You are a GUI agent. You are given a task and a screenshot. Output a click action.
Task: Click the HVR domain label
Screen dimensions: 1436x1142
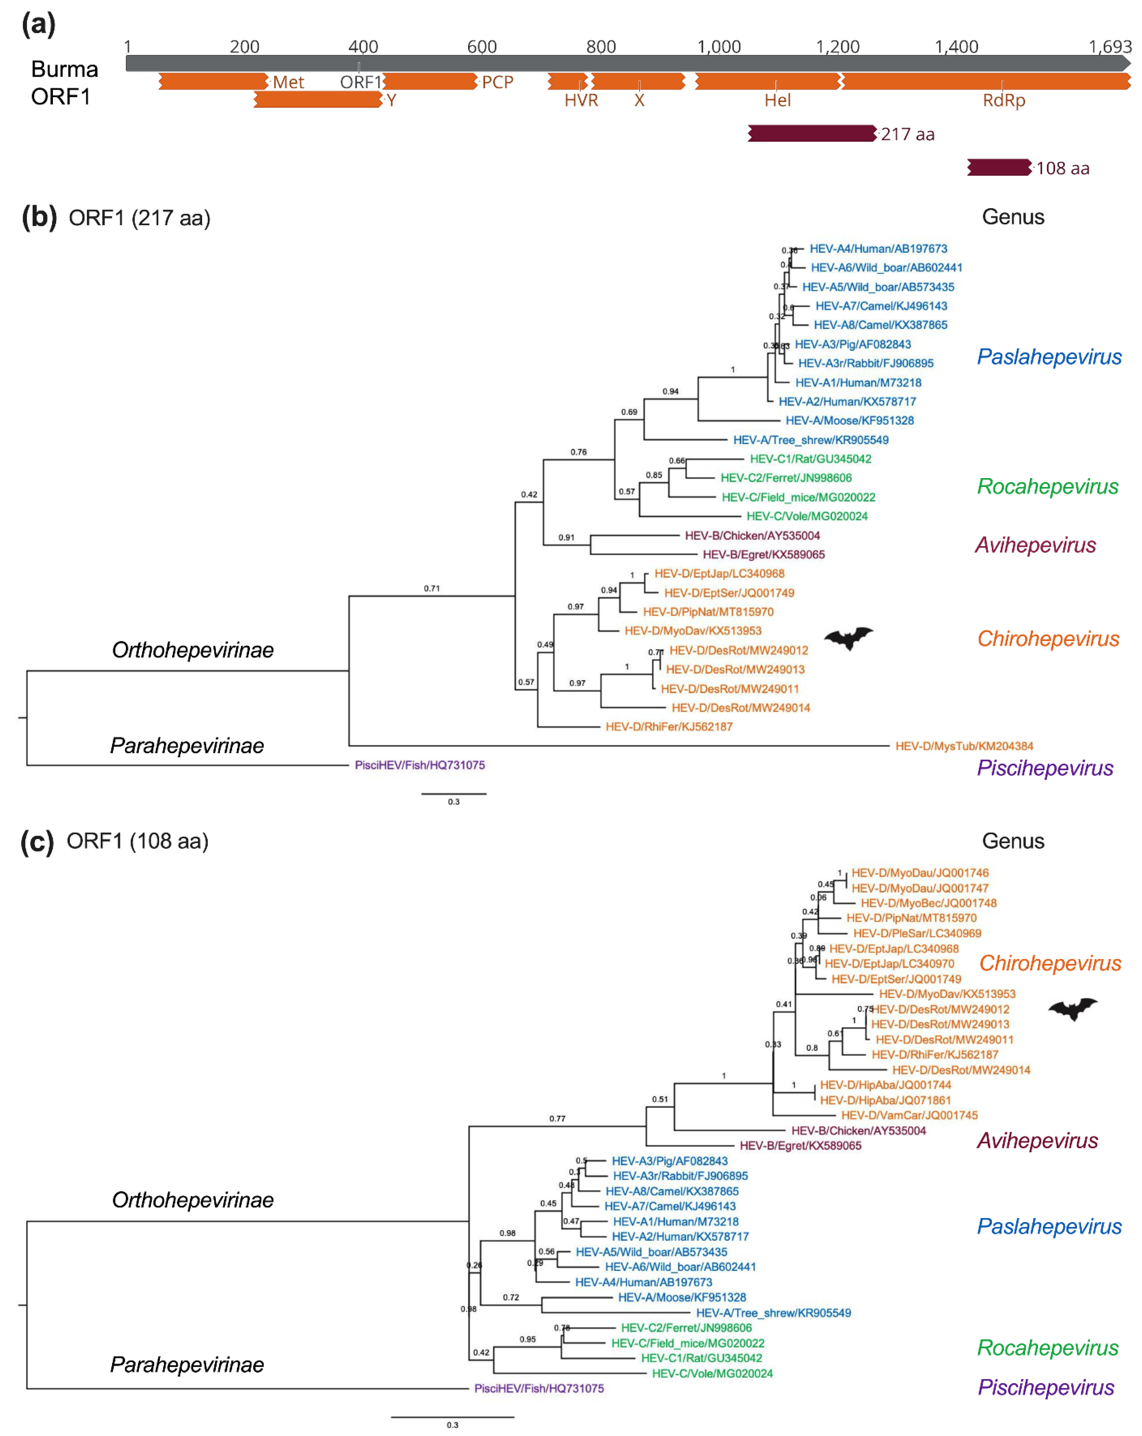(x=581, y=100)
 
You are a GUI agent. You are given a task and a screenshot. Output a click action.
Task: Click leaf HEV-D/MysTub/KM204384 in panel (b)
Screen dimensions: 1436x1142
(x=963, y=746)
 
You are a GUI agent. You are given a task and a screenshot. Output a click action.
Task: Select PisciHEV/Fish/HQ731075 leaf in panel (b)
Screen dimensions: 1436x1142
(x=420, y=765)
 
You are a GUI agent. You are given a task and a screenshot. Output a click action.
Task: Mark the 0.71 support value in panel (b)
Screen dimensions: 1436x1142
(x=431, y=588)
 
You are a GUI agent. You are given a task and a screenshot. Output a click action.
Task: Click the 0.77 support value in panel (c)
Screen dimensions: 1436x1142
(x=557, y=1118)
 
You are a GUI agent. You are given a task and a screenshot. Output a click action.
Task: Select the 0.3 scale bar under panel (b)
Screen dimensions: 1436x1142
(x=453, y=794)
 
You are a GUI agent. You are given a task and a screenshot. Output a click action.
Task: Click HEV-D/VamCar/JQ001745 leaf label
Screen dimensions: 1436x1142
(x=909, y=1115)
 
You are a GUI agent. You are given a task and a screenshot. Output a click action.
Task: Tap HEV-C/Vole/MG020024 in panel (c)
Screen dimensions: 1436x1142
(x=712, y=1373)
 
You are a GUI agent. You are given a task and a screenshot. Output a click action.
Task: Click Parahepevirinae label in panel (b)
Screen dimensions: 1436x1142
(x=187, y=746)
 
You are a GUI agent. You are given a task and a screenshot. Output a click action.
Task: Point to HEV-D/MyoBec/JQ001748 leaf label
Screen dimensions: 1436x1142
(x=928, y=903)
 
